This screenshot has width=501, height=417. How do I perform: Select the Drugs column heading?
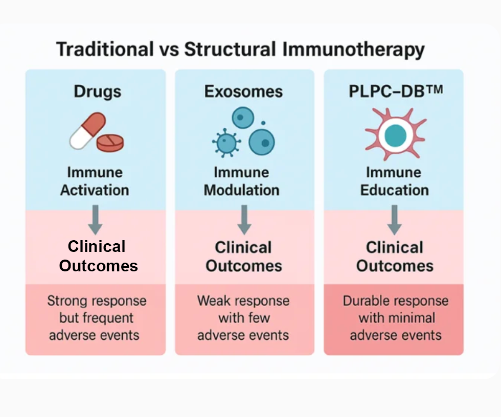click(x=98, y=91)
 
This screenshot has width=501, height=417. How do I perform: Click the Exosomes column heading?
click(x=243, y=91)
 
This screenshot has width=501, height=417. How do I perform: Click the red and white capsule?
click(x=87, y=131)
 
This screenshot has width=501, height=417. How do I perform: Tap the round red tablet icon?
click(x=110, y=143)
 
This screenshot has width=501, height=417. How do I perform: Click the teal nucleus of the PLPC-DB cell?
click(x=395, y=134)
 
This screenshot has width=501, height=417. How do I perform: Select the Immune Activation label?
click(x=95, y=181)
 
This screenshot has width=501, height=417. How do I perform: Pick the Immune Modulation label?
click(x=242, y=181)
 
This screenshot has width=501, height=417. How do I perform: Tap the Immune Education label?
click(x=394, y=181)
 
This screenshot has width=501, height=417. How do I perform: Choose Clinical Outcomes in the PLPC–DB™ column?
click(x=395, y=257)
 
